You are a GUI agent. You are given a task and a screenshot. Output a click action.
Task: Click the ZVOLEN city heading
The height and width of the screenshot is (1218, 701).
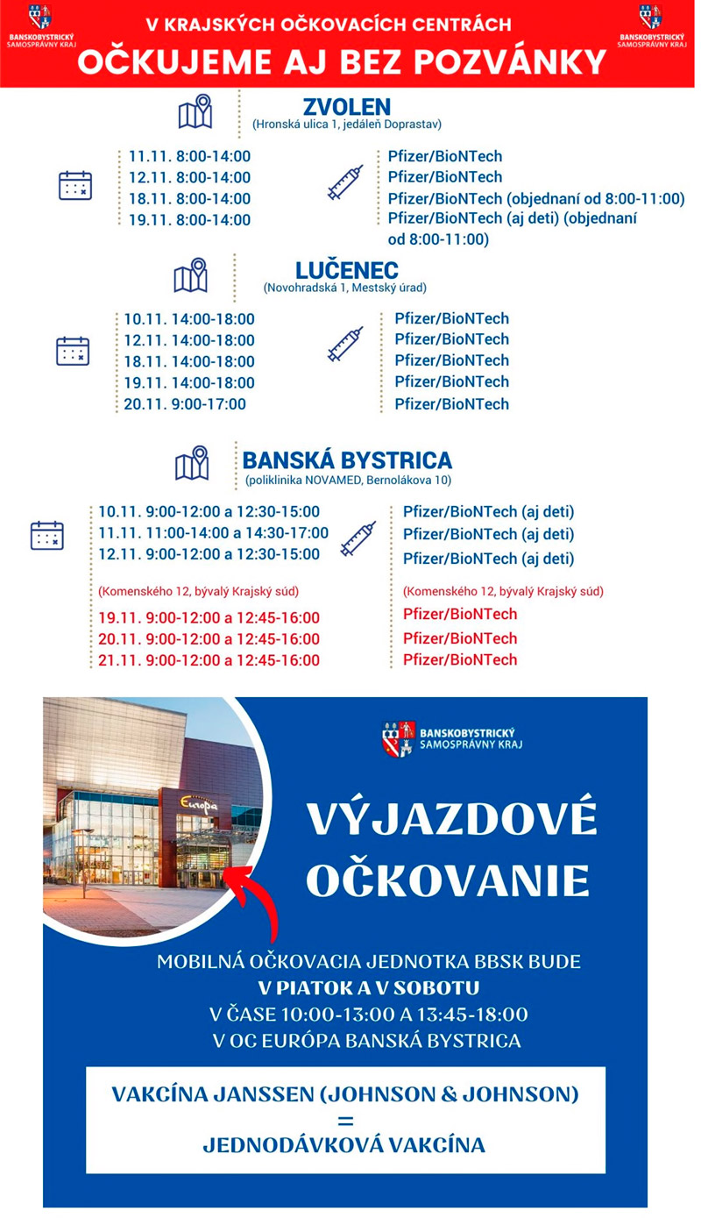(346, 107)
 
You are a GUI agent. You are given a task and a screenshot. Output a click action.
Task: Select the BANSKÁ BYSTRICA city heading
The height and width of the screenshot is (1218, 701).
(347, 460)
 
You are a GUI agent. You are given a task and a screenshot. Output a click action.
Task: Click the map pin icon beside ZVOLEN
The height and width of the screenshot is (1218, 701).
(195, 110)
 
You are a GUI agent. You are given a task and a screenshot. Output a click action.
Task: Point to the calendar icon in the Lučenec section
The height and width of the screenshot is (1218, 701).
(73, 351)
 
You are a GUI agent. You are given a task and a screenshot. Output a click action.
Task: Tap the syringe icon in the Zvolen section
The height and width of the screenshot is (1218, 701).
(344, 182)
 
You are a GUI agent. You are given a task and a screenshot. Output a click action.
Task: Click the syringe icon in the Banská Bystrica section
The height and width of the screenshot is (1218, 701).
(358, 538)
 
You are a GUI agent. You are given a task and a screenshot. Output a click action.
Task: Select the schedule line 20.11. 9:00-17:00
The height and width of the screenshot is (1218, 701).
(185, 404)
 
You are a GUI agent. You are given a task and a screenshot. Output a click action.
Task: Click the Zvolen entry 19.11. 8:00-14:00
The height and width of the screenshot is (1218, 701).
(189, 220)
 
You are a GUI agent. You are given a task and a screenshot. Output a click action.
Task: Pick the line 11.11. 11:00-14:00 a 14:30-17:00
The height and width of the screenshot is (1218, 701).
(213, 533)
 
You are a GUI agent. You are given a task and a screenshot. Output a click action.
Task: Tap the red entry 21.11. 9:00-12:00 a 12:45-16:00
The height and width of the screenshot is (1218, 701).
(209, 660)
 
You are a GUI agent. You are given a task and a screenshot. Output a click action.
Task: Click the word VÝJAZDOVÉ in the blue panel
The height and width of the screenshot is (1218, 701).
(451, 820)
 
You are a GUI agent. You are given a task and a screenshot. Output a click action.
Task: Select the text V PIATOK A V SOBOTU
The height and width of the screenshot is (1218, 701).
(368, 988)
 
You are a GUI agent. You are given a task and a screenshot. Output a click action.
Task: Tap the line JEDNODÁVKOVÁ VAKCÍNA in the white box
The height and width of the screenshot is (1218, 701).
(343, 1145)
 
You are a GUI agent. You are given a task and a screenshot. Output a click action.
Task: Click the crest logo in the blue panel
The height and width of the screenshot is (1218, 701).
(398, 738)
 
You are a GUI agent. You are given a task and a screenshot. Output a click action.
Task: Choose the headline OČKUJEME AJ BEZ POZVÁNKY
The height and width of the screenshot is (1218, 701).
(342, 61)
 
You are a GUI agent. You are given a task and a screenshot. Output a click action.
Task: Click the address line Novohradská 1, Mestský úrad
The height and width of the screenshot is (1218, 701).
(345, 288)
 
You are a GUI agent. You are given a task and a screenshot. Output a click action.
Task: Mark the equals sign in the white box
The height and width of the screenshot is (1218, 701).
(344, 1120)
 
